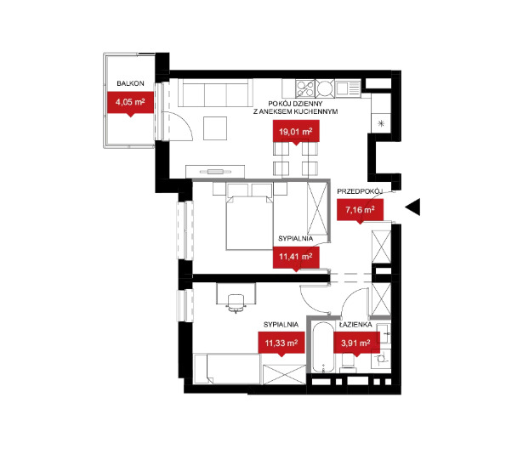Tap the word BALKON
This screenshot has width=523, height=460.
[130, 83]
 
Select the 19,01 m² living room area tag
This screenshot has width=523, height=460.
[296, 133]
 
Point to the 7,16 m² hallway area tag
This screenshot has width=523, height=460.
[360, 211]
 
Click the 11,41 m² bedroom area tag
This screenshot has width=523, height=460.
[296, 258]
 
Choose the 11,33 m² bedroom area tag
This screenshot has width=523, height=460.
[281, 344]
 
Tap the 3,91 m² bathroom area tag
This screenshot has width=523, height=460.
[356, 344]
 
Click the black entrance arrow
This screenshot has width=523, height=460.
[413, 207]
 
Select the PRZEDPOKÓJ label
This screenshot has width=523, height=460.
[360, 192]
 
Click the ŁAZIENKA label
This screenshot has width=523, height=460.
[355, 325]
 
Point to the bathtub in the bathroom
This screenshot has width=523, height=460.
[323, 347]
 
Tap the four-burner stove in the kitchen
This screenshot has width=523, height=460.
[304, 88]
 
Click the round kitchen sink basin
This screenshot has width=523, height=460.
[325, 88]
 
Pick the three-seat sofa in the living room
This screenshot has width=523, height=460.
[215, 93]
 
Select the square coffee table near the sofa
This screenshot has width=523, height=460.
[215, 128]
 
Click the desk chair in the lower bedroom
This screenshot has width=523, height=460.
[236, 304]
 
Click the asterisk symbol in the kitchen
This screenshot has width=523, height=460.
[381, 124]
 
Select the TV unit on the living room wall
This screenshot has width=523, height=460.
[215, 172]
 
